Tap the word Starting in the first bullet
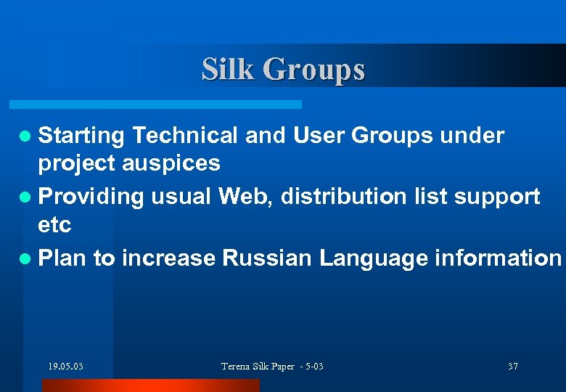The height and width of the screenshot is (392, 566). click(x=82, y=136)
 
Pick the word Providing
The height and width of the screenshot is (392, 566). click(x=91, y=196)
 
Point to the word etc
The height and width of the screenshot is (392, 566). click(x=54, y=225)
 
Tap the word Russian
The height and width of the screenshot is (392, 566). click(x=268, y=257)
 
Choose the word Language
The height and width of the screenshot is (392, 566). click(x=369, y=258)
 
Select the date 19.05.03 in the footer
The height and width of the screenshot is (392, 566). click(x=65, y=367)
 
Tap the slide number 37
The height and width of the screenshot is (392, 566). click(x=513, y=367)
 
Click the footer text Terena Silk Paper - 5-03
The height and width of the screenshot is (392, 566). click(x=272, y=367)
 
